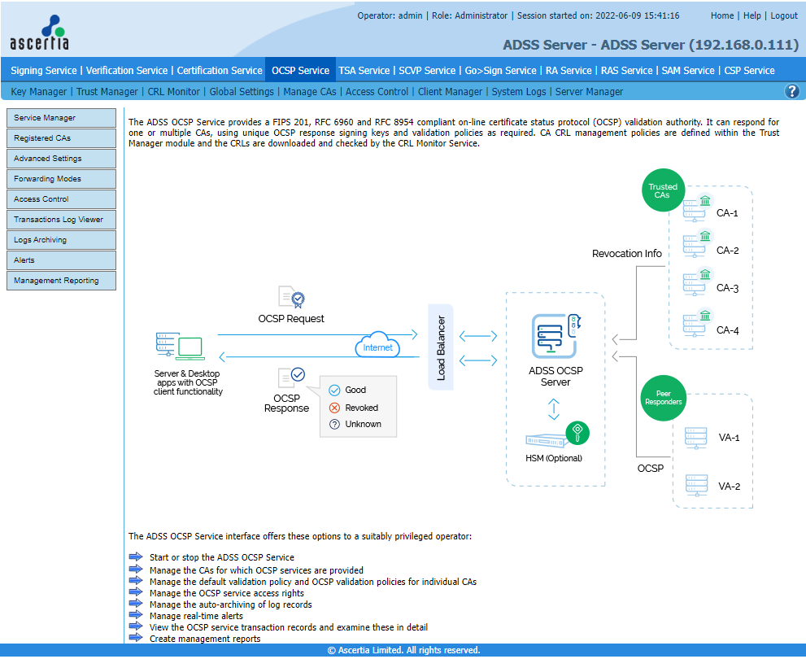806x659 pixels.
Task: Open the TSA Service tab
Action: click(364, 71)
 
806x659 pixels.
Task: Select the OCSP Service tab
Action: click(300, 71)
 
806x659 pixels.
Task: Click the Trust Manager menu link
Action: click(107, 91)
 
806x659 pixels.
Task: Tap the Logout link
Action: click(784, 15)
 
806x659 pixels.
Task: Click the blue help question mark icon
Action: click(792, 91)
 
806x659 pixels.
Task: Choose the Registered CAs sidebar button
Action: click(61, 138)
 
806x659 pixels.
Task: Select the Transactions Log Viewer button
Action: click(61, 220)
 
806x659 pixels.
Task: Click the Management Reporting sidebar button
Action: click(61, 281)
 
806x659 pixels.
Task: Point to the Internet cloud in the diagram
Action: click(378, 345)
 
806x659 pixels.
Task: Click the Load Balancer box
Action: click(441, 347)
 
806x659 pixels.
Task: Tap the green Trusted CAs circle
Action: click(663, 190)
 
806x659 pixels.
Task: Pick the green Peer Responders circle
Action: click(663, 398)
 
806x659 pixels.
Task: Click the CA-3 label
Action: click(727, 288)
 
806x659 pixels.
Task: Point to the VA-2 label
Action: click(729, 487)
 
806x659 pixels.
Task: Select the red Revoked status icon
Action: click(334, 408)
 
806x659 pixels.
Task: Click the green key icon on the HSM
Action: click(577, 433)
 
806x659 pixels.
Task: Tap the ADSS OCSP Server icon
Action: click(555, 336)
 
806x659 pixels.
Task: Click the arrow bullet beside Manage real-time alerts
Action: click(136, 615)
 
